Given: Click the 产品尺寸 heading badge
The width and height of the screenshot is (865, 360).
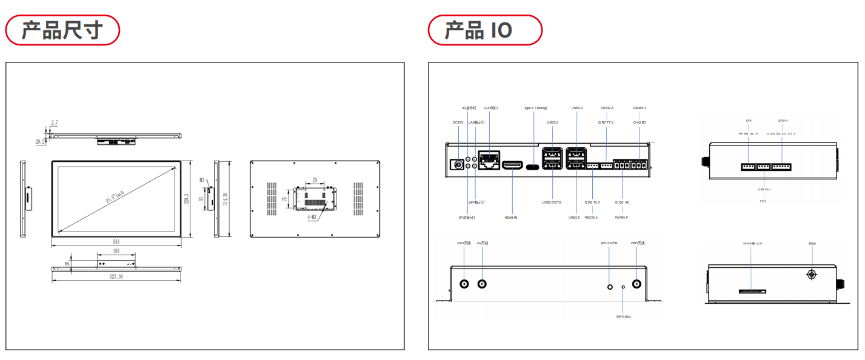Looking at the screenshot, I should click(62, 30).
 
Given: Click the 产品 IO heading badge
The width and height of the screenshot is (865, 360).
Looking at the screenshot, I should click(485, 30).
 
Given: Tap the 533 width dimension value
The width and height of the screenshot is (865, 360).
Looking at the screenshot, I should click(116, 242).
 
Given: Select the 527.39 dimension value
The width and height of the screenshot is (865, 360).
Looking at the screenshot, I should click(116, 276).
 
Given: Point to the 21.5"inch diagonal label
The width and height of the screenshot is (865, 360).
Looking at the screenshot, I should click(115, 197).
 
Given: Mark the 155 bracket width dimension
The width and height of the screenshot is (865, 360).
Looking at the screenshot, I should click(116, 251).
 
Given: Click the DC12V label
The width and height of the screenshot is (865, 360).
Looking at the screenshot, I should click(458, 122).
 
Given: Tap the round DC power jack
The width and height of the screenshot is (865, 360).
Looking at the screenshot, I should click(458, 164).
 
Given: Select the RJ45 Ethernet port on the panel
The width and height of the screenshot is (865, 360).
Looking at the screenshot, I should click(489, 161).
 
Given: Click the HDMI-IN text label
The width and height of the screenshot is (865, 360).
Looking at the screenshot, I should click(511, 217).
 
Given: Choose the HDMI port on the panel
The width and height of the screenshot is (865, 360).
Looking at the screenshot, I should click(513, 165).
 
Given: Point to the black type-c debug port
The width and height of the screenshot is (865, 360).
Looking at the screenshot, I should click(533, 166).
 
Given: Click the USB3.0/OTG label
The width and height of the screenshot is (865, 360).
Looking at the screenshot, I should click(552, 202).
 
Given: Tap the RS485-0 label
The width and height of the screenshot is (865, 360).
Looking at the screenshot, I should click(622, 217).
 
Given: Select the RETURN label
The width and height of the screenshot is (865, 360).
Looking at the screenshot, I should click(623, 317).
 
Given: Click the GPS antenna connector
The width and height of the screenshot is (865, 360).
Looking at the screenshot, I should click(465, 284).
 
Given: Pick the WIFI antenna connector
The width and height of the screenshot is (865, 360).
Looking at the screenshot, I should click(637, 284).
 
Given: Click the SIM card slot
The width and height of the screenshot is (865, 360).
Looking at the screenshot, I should click(752, 292).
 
